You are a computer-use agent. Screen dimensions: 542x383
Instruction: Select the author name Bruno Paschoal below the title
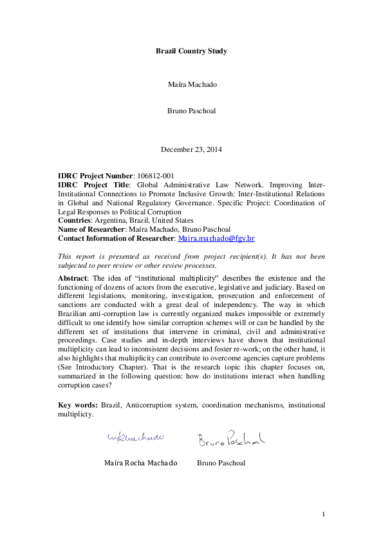(191, 110)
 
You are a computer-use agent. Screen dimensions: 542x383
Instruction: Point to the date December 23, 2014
(191, 149)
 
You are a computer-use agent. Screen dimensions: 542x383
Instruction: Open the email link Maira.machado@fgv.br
(216, 238)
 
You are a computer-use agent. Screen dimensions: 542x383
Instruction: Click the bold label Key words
(77, 405)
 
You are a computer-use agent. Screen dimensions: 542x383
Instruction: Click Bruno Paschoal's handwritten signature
(230, 440)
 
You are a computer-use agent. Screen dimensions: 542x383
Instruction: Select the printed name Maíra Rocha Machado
(140, 463)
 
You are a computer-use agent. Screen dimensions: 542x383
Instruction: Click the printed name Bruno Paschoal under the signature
(221, 463)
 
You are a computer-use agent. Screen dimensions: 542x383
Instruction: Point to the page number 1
(324, 514)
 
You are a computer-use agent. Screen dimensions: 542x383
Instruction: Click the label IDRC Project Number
(95, 176)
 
